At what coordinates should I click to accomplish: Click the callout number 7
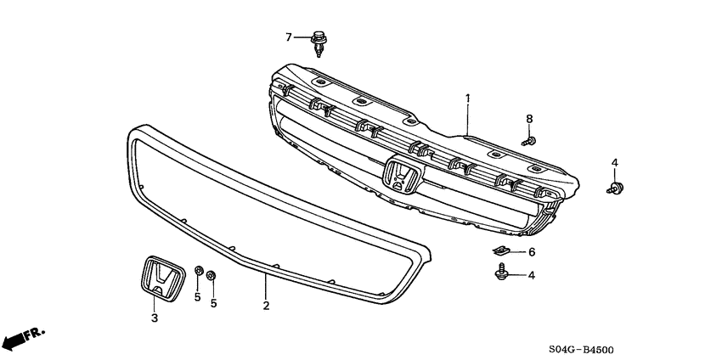point(289,37)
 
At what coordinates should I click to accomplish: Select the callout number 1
point(467,99)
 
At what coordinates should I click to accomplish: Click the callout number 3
point(155,318)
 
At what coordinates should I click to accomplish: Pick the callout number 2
point(266,306)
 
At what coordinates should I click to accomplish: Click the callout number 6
point(532,252)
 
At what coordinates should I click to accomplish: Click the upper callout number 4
point(615,161)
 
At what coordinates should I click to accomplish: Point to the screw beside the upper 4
point(615,188)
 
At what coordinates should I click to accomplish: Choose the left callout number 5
point(197,297)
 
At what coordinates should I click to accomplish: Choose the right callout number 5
point(213,302)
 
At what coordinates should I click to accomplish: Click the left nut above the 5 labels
point(197,271)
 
